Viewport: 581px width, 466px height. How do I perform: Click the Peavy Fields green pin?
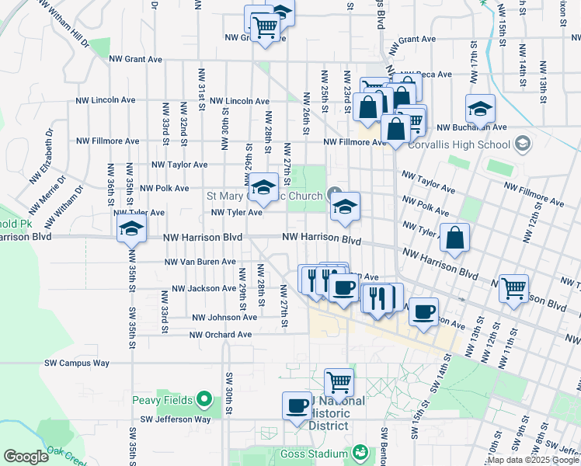[x=204, y=400]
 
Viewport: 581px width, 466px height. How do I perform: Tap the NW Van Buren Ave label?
[x=200, y=262]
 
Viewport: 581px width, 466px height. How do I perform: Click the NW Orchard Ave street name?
[x=221, y=335]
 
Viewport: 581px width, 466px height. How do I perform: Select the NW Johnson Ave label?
[x=224, y=317]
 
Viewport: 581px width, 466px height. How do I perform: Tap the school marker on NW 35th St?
[x=131, y=229]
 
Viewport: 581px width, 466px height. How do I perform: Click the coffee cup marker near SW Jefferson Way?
[x=297, y=406]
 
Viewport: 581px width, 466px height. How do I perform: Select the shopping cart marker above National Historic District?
[x=339, y=382]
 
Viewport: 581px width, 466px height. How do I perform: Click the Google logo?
[x=26, y=457]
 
